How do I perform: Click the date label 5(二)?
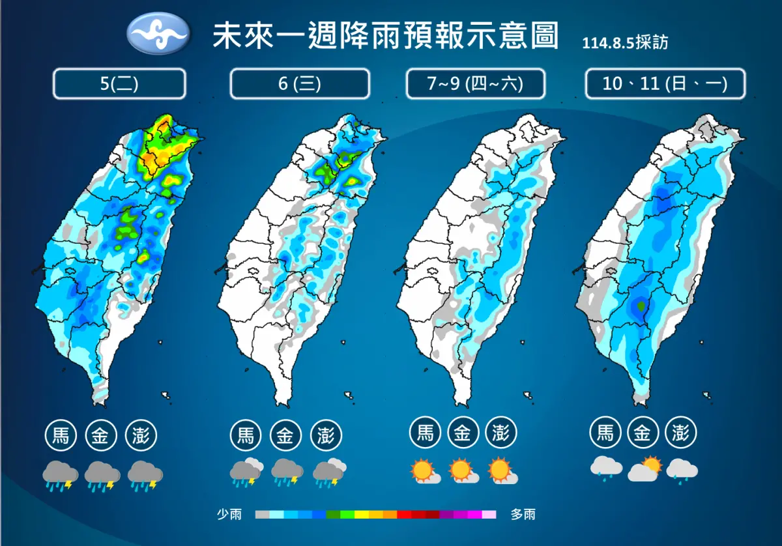click(119, 83)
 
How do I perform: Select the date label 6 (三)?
click(300, 83)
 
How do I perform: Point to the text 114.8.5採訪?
click(625, 42)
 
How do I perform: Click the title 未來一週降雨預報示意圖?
click(386, 36)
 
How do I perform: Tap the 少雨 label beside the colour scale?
click(229, 515)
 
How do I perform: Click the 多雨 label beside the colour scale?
click(523, 515)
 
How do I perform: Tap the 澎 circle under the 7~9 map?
click(501, 432)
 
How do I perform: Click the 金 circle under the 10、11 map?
click(643, 432)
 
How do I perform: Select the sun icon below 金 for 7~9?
click(462, 470)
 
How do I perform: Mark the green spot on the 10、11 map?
click(641, 306)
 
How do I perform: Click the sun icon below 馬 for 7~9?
click(424, 470)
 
